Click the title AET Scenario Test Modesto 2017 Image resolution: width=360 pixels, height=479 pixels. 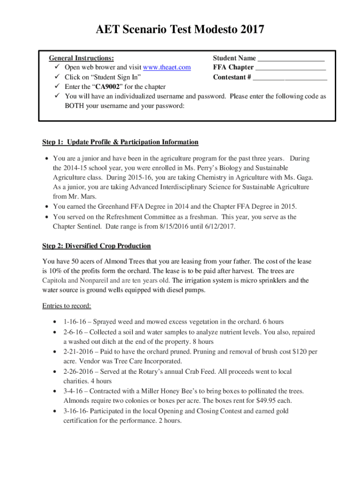(180, 30)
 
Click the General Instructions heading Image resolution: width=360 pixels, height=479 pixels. (81, 58)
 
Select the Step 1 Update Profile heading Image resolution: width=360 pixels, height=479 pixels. (120, 142)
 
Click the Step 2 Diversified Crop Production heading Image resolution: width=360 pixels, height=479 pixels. (96, 246)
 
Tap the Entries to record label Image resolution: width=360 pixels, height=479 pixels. (66, 306)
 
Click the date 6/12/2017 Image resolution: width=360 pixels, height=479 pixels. (220, 227)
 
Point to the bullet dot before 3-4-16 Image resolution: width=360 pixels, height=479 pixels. (55, 391)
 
